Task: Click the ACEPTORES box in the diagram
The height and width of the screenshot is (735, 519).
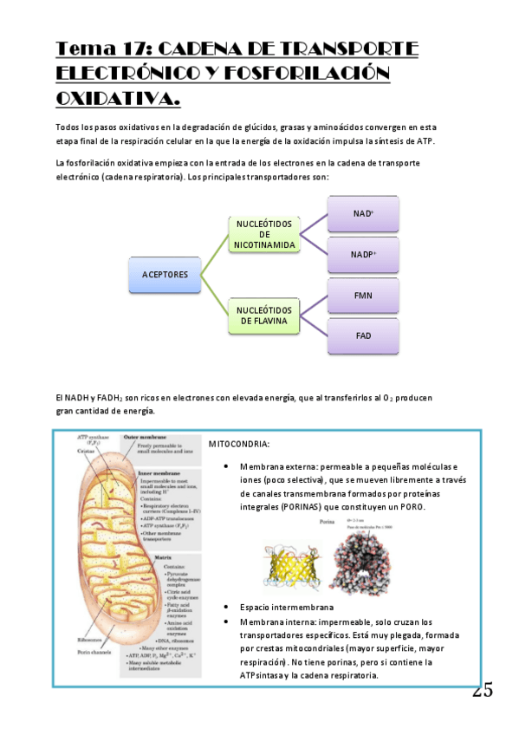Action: pyautogui.click(x=165, y=275)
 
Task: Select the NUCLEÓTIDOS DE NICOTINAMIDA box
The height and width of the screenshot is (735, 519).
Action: pyautogui.click(x=264, y=235)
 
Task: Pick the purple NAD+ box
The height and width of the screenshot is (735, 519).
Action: pyautogui.click(x=363, y=214)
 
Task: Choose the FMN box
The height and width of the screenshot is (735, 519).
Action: pyautogui.click(x=363, y=296)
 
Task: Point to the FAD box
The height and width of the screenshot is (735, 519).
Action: pyautogui.click(x=363, y=335)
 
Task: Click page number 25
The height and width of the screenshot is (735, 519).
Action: pyautogui.click(x=483, y=691)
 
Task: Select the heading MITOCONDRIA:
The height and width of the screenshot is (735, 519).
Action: pyautogui.click(x=238, y=445)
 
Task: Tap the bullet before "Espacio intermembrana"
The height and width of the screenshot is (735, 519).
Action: pyautogui.click(x=226, y=608)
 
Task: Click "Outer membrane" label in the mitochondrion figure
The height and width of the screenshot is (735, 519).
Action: pyautogui.click(x=146, y=438)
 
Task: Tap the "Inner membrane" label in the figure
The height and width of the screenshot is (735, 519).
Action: pyautogui.click(x=145, y=473)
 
